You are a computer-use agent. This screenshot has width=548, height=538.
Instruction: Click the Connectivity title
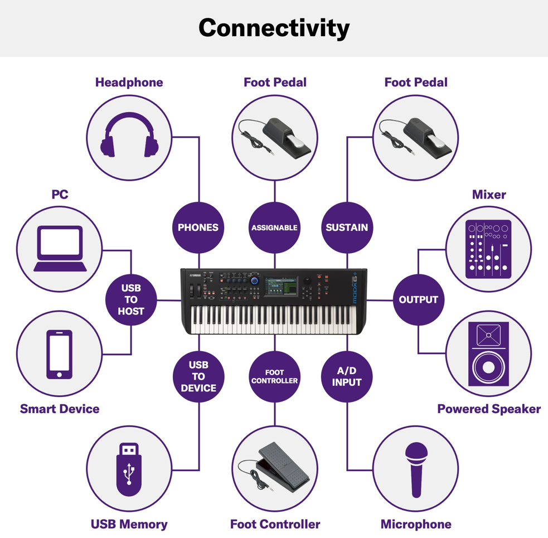pyautogui.click(x=274, y=28)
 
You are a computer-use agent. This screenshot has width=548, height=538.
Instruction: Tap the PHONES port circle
pyautogui.click(x=198, y=227)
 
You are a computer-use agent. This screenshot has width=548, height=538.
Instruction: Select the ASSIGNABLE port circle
pyautogui.click(x=274, y=227)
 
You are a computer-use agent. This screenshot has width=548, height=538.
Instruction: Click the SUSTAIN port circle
pyautogui.click(x=347, y=227)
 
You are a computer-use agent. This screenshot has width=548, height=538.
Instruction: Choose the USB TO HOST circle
pyautogui.click(x=131, y=299)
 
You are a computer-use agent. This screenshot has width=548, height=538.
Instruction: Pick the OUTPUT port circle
pyautogui.click(x=418, y=299)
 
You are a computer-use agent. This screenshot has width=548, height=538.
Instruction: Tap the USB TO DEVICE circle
pyautogui.click(x=198, y=376)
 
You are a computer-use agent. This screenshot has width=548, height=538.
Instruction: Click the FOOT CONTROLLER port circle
pyautogui.click(x=274, y=376)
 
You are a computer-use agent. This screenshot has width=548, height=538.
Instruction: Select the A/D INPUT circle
pyautogui.click(x=347, y=376)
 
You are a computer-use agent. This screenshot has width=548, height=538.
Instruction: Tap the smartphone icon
pyautogui.click(x=60, y=354)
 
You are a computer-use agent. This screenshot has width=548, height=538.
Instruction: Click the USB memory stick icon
pyautogui.click(x=129, y=469)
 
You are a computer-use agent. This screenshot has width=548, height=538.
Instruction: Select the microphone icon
pyautogui.click(x=416, y=469)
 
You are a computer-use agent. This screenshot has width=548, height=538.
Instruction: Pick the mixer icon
pyautogui.click(x=488, y=249)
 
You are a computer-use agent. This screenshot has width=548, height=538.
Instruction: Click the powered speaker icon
pyautogui.click(x=488, y=354)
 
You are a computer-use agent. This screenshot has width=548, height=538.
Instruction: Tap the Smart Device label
pyautogui.click(x=60, y=409)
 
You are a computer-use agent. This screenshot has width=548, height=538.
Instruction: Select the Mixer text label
pyautogui.click(x=489, y=195)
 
